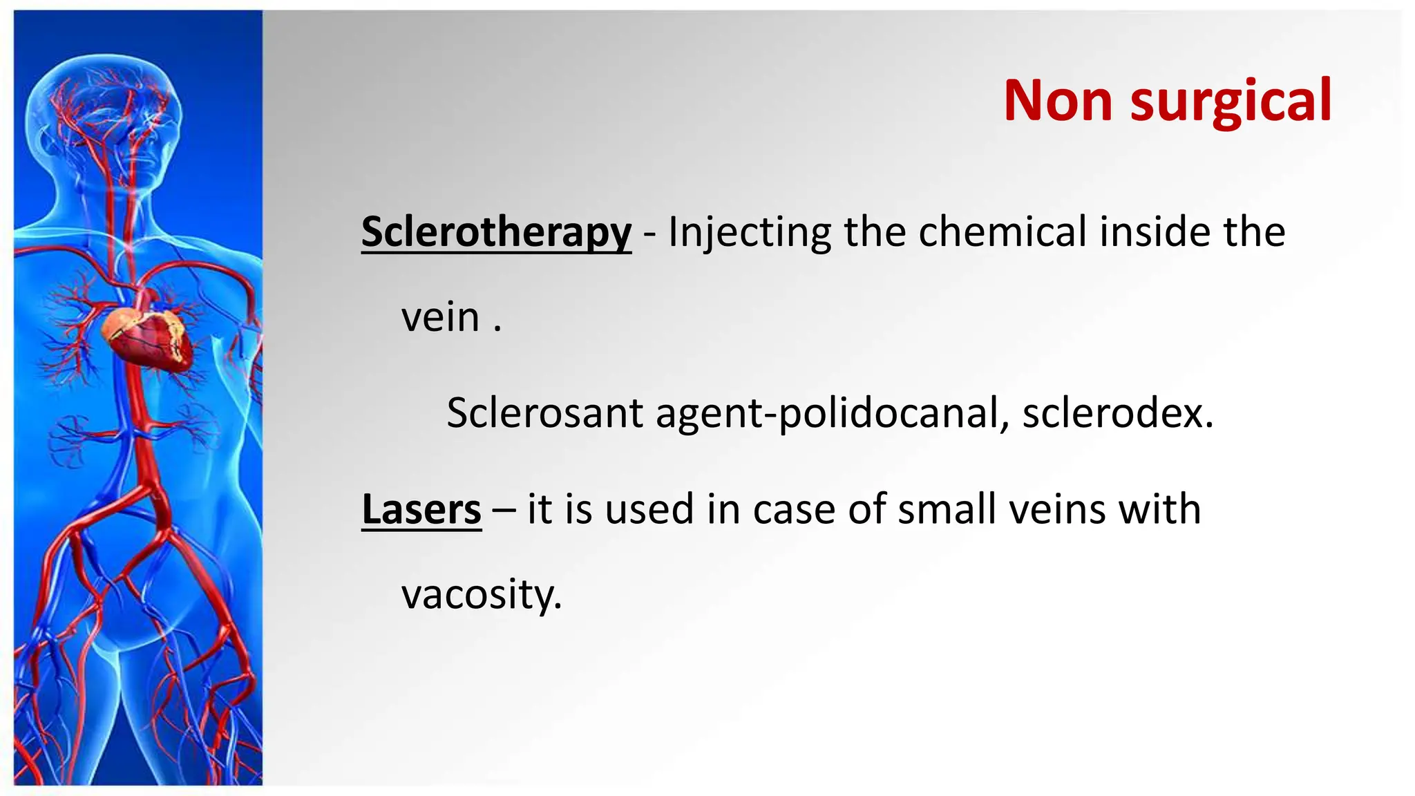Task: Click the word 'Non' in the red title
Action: click(1058, 101)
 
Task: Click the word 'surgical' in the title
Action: click(1231, 102)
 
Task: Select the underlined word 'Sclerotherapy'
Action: click(496, 232)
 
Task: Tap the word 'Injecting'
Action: click(749, 232)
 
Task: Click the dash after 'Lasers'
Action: click(504, 511)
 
